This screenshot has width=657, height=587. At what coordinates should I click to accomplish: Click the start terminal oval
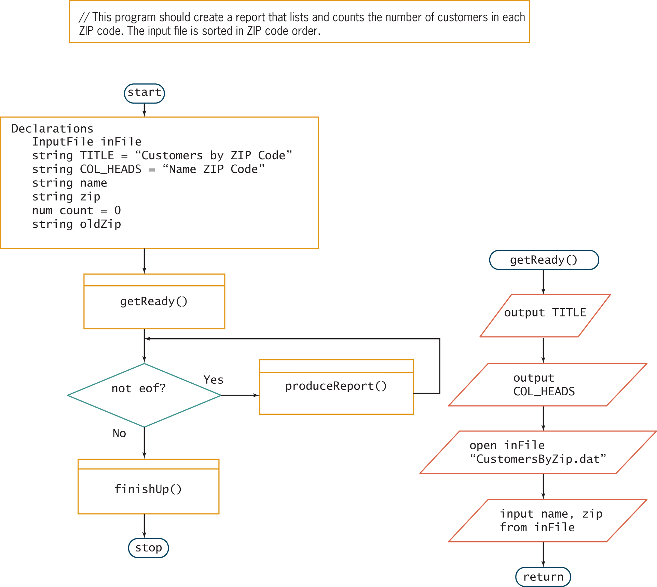144,93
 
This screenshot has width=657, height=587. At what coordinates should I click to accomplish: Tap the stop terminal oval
148,548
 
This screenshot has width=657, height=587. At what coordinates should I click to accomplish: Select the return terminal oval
543,577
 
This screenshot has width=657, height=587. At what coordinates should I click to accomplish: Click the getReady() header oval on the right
544,260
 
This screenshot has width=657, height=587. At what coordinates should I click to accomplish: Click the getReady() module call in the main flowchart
154,301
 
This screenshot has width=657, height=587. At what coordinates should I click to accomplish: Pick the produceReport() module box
336,387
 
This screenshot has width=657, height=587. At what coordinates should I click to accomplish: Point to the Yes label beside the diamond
213,380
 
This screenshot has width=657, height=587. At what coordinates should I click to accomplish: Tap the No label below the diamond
119,433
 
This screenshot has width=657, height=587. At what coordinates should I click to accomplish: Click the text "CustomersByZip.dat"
538,459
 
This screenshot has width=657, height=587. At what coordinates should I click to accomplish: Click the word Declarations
52,129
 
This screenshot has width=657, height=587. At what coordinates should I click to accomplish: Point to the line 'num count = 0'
76,210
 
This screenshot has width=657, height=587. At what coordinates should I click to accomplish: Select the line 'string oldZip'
76,224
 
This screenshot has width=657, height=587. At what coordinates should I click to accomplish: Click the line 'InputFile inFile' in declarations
86,142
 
